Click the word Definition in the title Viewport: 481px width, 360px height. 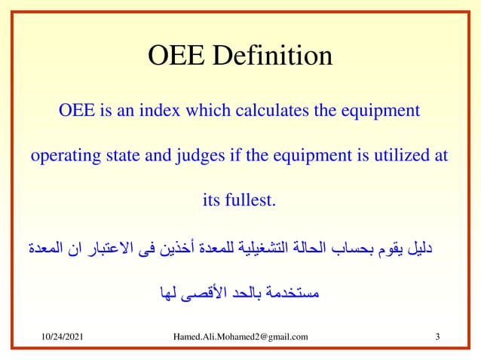(275, 56)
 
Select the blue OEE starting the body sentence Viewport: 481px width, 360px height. (76, 111)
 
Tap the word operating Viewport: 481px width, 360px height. (61, 157)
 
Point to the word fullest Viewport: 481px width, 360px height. (252, 201)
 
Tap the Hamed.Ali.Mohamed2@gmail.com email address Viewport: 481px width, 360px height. (240, 336)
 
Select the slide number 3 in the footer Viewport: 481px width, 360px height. (437, 336)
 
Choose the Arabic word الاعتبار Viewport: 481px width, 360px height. (97, 248)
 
